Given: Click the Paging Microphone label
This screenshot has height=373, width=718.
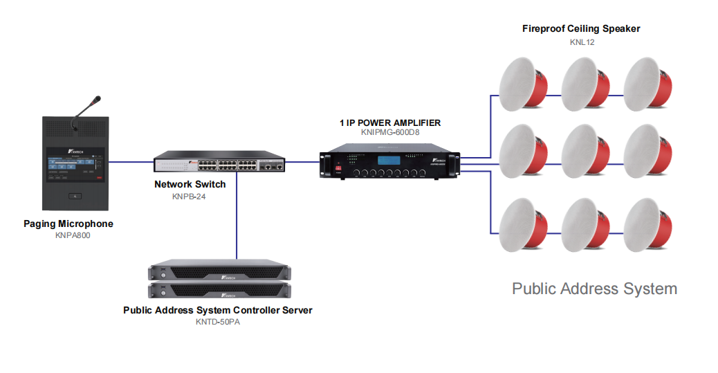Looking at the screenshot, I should [68, 224].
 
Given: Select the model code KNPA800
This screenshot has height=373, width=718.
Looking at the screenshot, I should [73, 235].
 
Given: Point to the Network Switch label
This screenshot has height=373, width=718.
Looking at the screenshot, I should [190, 184].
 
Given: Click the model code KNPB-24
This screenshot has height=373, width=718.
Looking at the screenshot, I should [189, 196].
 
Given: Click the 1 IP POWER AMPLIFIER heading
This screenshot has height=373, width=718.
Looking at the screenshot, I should [390, 122].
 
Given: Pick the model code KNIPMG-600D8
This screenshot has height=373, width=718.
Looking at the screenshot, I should [390, 132].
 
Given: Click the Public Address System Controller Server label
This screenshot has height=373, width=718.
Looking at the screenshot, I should [217, 310].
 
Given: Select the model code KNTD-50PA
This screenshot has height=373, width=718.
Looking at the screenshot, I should [217, 322].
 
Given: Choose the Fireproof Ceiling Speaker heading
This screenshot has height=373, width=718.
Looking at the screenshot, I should [581, 28].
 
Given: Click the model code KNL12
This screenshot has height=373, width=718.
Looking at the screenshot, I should [582, 42].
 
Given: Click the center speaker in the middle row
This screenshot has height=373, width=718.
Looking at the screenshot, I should [585, 151].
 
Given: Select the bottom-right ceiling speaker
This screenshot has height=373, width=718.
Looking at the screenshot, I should [647, 225].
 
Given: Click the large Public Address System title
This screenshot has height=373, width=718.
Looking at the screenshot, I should [594, 288].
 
